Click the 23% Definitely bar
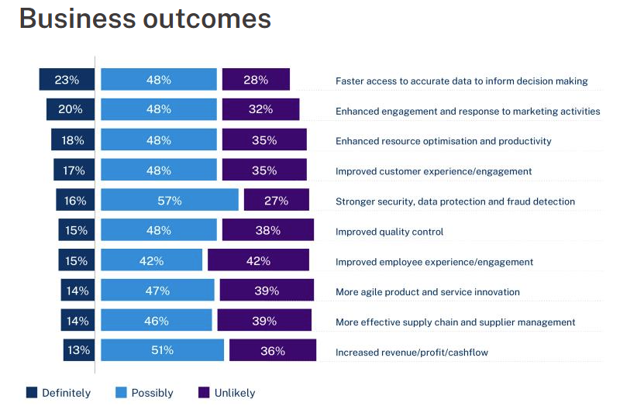(x=67, y=80)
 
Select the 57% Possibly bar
(x=170, y=201)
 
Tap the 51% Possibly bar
(x=162, y=350)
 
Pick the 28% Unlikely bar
(x=256, y=80)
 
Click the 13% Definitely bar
(x=79, y=350)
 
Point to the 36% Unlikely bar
(x=273, y=350)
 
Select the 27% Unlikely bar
(x=276, y=201)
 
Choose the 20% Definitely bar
(x=71, y=110)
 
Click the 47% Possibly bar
(x=157, y=291)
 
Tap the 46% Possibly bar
(x=157, y=321)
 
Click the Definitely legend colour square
(x=32, y=392)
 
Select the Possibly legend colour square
(x=121, y=392)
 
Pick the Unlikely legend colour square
(x=205, y=392)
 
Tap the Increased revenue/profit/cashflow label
(x=412, y=353)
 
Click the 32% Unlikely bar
(x=260, y=110)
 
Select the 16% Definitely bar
(x=75, y=201)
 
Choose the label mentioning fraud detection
(x=455, y=201)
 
